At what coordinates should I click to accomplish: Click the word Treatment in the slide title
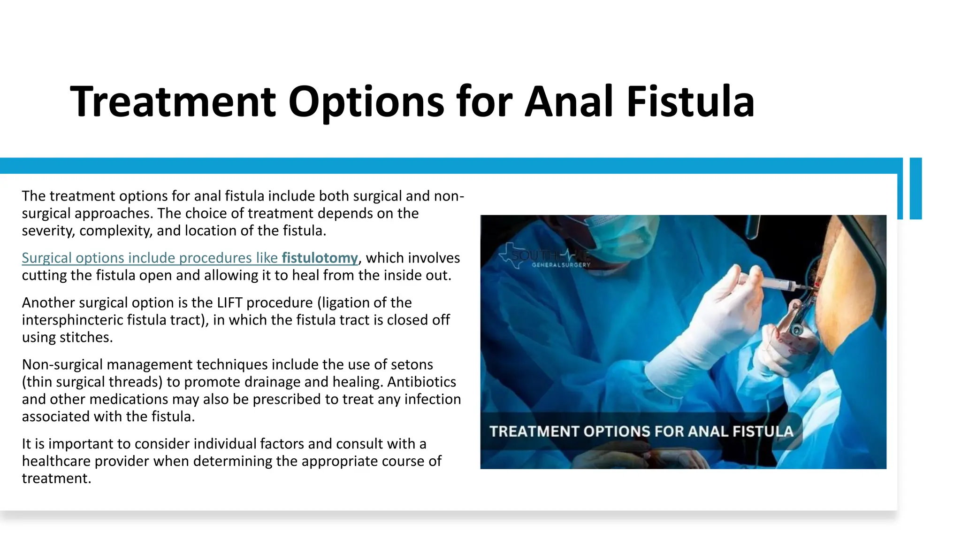173,101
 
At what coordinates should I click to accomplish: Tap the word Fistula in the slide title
690,101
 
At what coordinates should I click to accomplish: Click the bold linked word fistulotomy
320,258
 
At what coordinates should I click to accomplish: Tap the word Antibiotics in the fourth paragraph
421,382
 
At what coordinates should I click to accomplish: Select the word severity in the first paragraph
48,231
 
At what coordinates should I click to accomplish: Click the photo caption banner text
641,432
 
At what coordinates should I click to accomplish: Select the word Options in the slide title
366,101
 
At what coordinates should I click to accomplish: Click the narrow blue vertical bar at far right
915,188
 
